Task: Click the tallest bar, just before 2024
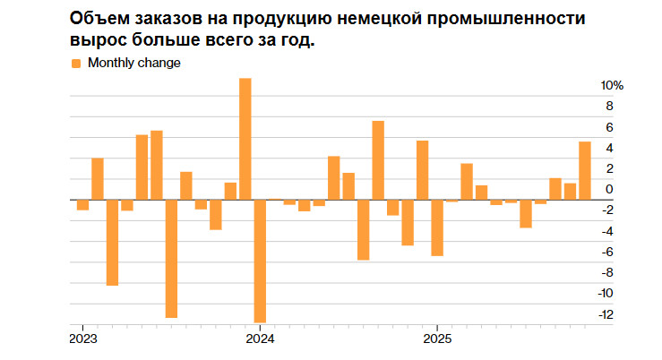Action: pos(245,139)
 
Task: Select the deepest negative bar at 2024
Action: pos(260,261)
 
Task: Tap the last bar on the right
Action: pos(585,170)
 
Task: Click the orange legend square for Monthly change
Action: pos(75,63)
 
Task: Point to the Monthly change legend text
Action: pos(133,63)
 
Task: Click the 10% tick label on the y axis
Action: pos(611,86)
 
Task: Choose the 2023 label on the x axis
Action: pos(82,339)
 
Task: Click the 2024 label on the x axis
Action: pos(260,339)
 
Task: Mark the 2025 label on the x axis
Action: pos(436,339)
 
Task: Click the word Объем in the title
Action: pos(96,19)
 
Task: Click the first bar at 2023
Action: pos(82,204)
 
